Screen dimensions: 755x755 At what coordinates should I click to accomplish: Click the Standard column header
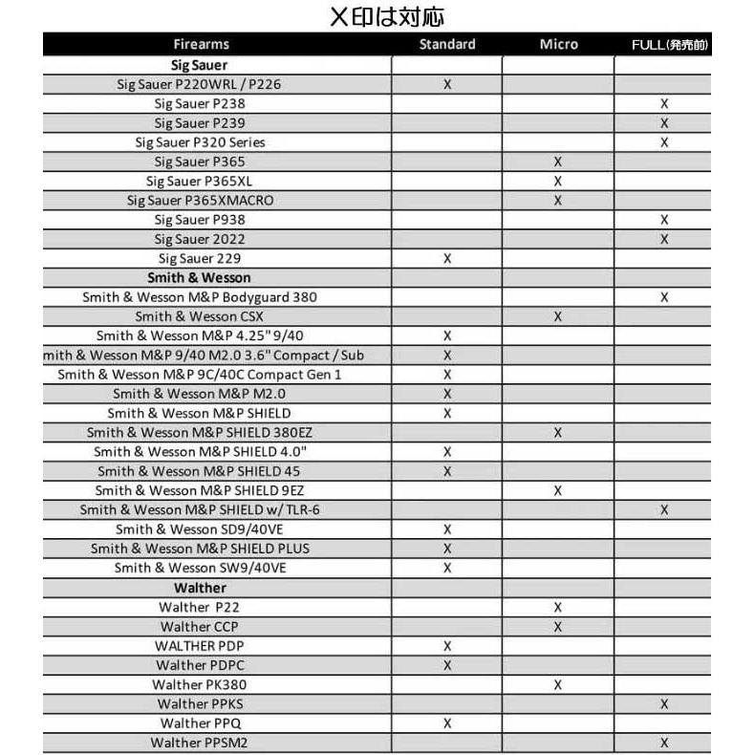pyautogui.click(x=447, y=45)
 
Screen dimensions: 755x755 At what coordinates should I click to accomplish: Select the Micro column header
pyautogui.click(x=558, y=45)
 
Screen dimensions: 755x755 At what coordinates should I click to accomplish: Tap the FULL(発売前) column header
pyautogui.click(x=670, y=45)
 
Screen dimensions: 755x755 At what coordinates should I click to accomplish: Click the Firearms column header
pyautogui.click(x=202, y=45)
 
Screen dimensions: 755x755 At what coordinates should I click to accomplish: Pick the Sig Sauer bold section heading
pyautogui.click(x=199, y=65)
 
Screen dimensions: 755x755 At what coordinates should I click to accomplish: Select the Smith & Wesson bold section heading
pyautogui.click(x=199, y=277)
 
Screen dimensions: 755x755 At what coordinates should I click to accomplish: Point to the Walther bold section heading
pyautogui.click(x=200, y=588)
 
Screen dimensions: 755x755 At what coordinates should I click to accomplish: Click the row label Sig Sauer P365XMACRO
pyautogui.click(x=199, y=201)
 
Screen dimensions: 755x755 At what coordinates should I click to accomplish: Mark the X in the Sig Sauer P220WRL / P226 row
pyautogui.click(x=447, y=85)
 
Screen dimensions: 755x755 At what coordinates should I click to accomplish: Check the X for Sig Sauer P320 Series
pyautogui.click(x=664, y=142)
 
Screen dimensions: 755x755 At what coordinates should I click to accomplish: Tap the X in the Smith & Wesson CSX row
pyautogui.click(x=558, y=316)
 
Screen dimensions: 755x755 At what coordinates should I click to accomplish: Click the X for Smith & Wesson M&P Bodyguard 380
pyautogui.click(x=664, y=297)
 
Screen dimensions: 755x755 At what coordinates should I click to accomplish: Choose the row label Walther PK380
pyautogui.click(x=199, y=684)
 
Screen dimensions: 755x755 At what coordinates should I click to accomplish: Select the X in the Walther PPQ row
pyautogui.click(x=447, y=723)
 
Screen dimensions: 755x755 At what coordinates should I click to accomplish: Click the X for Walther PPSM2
pyautogui.click(x=664, y=743)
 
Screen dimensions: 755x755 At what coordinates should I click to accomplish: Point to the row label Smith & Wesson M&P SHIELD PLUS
pyautogui.click(x=200, y=549)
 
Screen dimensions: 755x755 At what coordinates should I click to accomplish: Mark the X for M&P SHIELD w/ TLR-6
pyautogui.click(x=664, y=510)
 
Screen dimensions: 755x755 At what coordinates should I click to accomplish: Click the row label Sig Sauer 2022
pyautogui.click(x=199, y=239)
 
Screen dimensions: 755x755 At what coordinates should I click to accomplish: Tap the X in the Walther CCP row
pyautogui.click(x=558, y=627)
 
